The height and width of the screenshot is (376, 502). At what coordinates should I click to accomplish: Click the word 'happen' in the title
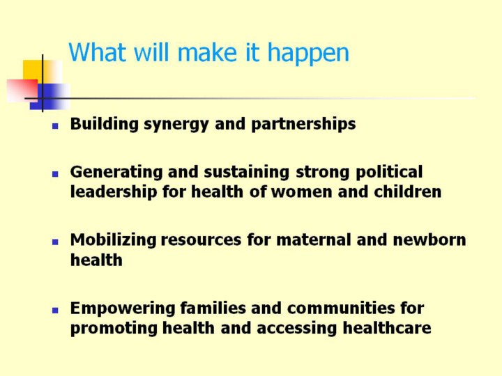[308, 54]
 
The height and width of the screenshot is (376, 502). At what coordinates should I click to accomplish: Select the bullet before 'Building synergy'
[55, 126]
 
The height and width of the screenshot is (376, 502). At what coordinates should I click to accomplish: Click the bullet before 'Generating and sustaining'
[55, 174]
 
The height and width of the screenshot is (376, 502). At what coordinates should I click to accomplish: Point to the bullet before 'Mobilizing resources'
[55, 242]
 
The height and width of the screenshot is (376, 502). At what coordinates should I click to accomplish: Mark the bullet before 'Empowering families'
[55, 310]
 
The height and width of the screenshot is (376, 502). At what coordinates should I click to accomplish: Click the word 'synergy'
[176, 125]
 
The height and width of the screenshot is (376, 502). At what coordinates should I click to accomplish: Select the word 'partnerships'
[303, 124]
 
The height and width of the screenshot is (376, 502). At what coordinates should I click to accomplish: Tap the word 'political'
[389, 172]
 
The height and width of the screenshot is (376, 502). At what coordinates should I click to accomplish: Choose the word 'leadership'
[114, 192]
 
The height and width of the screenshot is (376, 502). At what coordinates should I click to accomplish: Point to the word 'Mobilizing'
[114, 240]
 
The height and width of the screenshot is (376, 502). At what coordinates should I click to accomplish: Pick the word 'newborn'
[429, 240]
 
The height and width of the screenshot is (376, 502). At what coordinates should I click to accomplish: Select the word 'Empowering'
[123, 308]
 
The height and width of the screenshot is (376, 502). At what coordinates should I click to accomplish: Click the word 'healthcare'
[387, 328]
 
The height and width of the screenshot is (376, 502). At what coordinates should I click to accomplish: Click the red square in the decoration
[22, 91]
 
